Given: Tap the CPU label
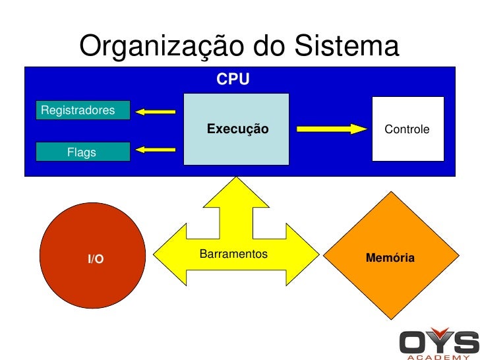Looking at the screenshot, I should pos(233,80).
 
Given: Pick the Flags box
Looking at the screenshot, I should pos(82,152).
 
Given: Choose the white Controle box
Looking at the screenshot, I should pos(407,129).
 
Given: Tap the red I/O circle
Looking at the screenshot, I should pos(92,256).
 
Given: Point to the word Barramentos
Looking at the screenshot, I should pos(233,254).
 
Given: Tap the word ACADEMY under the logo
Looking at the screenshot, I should pos(438,357).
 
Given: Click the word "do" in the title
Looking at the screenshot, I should pos(270,46).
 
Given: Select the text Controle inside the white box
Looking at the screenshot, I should pos(407,130).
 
